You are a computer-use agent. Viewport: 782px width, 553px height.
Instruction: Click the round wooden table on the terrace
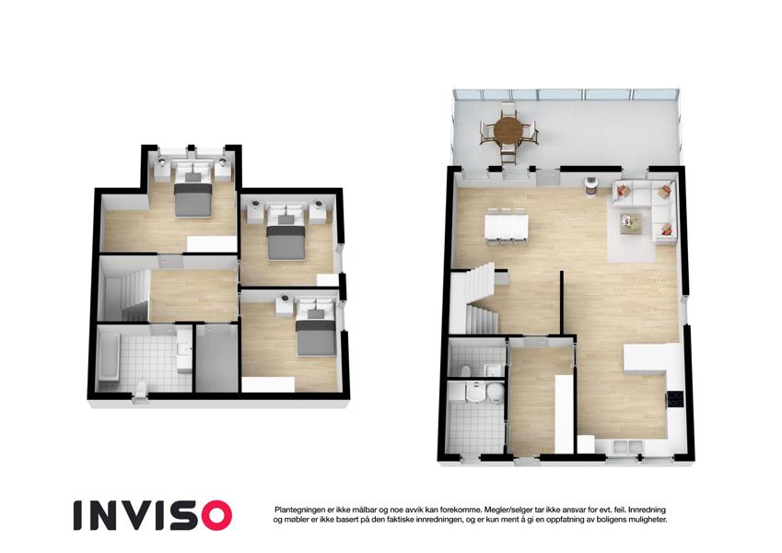click(508, 130)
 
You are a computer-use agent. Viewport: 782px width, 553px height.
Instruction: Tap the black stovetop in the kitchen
click(676, 400)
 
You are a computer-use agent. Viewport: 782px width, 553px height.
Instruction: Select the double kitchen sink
click(628, 446)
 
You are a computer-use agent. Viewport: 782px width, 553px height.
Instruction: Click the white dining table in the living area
click(507, 226)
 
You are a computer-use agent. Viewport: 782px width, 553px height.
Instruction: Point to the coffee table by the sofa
click(631, 222)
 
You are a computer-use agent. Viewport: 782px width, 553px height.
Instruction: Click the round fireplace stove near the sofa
click(591, 184)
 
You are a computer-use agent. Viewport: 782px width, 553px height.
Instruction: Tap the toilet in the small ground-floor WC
click(466, 371)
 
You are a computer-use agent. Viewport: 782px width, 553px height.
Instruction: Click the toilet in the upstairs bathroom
click(141, 389)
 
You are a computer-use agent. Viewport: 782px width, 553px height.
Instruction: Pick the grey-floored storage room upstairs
click(216, 358)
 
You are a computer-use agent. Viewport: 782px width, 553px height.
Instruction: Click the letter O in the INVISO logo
click(213, 515)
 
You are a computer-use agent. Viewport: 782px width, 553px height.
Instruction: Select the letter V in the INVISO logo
click(145, 515)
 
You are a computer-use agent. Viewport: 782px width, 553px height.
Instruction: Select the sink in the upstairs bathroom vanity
click(183, 349)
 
